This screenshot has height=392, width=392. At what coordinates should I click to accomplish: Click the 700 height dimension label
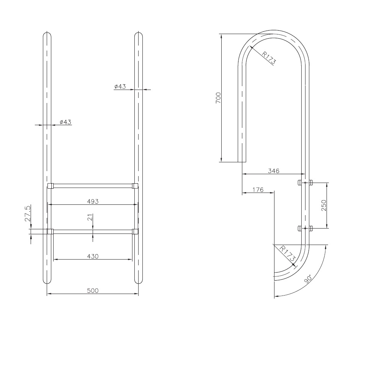coord(218,98)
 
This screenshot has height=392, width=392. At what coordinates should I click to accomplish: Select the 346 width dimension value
coord(273,171)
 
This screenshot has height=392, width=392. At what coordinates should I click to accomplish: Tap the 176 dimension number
coord(258,190)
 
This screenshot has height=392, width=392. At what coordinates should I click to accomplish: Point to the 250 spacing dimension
coord(324,205)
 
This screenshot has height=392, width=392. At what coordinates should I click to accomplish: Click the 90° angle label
coord(308,279)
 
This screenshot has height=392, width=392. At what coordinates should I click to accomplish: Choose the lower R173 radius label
coord(288,253)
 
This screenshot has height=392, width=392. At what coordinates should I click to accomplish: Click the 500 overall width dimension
coord(93,291)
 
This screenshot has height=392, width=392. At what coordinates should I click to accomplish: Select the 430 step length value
coord(93,256)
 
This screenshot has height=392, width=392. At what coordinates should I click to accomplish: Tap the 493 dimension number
coord(93,201)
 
